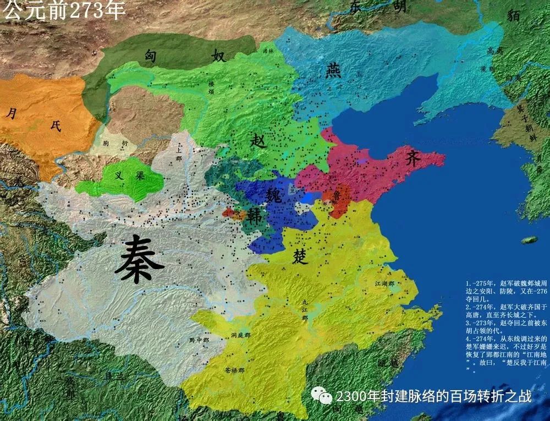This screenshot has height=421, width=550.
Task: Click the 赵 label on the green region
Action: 258,141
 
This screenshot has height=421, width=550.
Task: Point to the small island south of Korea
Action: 529,240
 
